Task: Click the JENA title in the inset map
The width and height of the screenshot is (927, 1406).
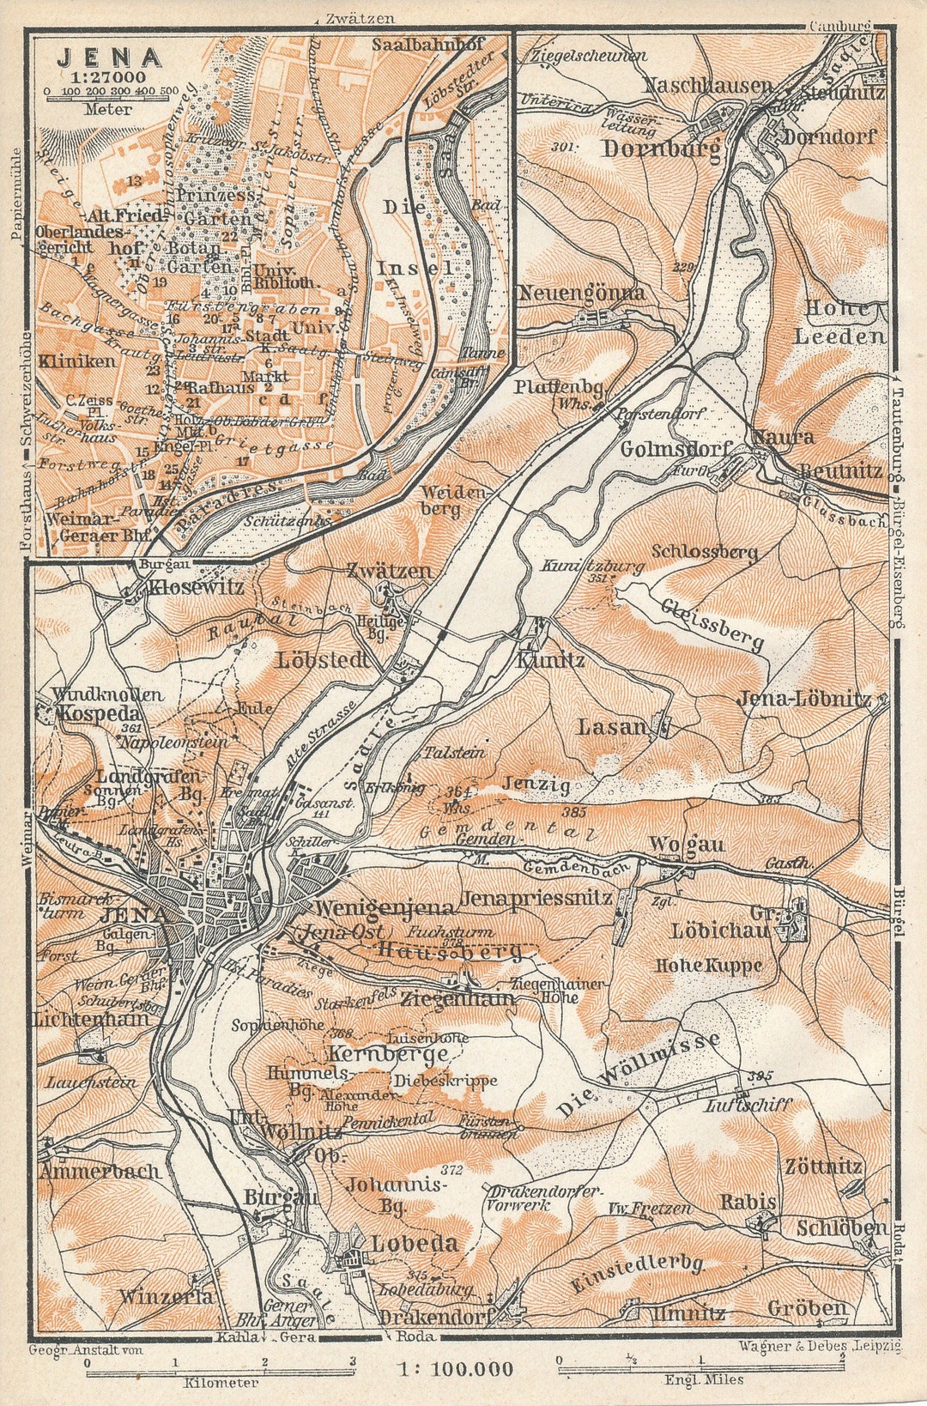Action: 109,58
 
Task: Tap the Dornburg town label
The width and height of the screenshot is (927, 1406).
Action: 659,149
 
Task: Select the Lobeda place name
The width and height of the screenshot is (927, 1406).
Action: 414,1243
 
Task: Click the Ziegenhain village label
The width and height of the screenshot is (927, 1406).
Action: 457,998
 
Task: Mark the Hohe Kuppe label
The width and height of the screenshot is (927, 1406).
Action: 708,965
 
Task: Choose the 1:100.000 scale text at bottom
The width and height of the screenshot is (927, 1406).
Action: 455,1370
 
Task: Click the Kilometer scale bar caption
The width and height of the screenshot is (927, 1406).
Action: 221,1383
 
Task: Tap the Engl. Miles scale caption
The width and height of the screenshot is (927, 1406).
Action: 703,1379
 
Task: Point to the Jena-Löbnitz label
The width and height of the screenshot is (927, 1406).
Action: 804,699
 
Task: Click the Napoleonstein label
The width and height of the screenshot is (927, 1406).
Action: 174,741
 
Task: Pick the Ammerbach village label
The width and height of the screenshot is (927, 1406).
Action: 100,1171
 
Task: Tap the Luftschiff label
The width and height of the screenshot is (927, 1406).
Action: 747,1106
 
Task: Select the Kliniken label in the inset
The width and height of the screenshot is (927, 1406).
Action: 77,361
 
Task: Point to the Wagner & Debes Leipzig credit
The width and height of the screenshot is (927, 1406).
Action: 819,1346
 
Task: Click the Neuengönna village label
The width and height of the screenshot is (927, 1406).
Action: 580,293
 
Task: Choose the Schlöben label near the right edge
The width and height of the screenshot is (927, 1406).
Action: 841,1228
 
